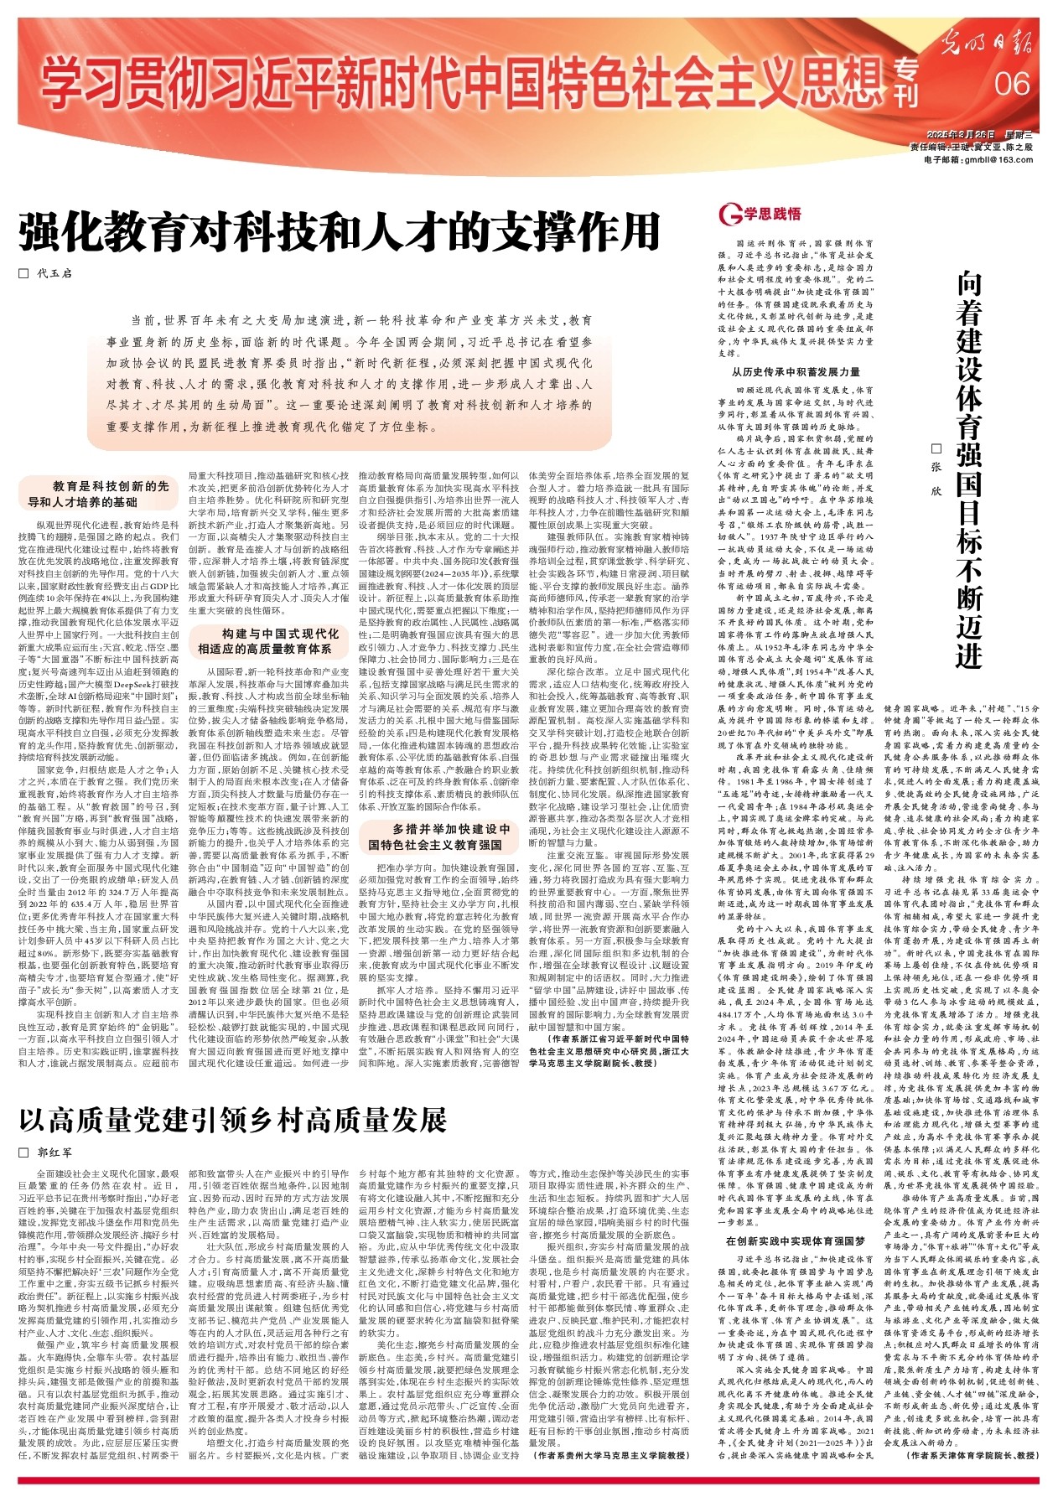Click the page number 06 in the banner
click(x=1012, y=84)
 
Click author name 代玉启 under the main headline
click(x=54, y=273)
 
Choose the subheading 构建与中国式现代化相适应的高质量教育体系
click(x=269, y=641)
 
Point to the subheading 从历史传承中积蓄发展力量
click(x=796, y=371)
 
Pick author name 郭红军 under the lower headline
click(x=54, y=1152)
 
